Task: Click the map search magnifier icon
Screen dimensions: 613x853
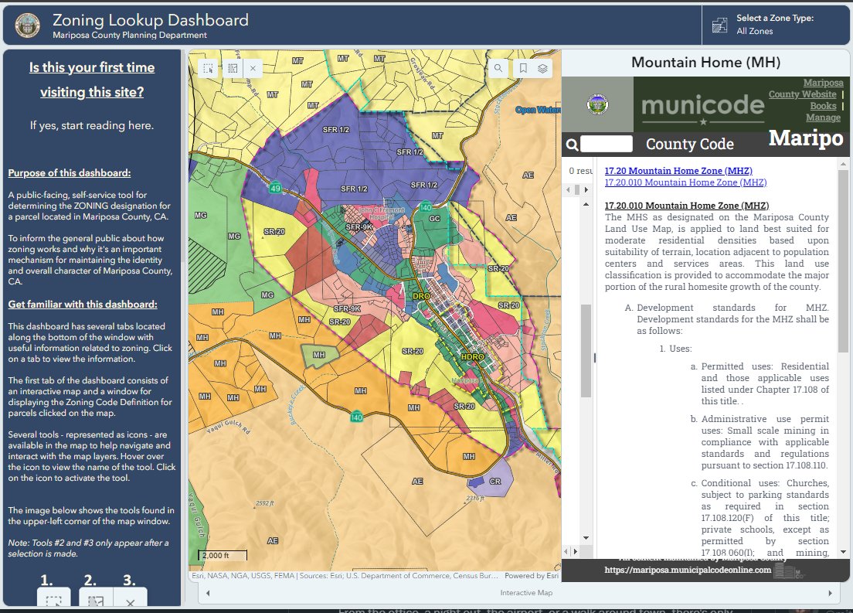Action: [x=498, y=68]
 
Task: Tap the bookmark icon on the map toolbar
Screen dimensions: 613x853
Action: [x=523, y=68]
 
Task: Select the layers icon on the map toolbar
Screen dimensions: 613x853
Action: [x=543, y=68]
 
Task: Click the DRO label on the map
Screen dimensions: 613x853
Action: [x=421, y=296]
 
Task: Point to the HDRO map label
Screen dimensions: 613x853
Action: [x=470, y=358]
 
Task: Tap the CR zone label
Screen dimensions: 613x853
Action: [x=495, y=481]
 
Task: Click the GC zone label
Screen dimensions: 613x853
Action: [x=434, y=219]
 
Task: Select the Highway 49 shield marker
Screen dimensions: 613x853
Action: [x=275, y=188]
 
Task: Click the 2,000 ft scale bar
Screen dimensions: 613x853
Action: [x=223, y=556]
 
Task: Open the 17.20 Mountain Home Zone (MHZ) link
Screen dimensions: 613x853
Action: [x=678, y=171]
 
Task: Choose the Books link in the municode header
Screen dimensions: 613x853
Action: [x=823, y=106]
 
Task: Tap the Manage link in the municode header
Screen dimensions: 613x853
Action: [x=823, y=117]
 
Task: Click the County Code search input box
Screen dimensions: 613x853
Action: [x=607, y=144]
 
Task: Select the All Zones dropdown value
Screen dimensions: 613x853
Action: [x=755, y=32]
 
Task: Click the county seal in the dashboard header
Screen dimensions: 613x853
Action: [x=28, y=25]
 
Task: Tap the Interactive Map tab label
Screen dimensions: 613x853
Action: [x=526, y=593]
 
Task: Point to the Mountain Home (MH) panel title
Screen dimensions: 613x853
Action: [x=705, y=63]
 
